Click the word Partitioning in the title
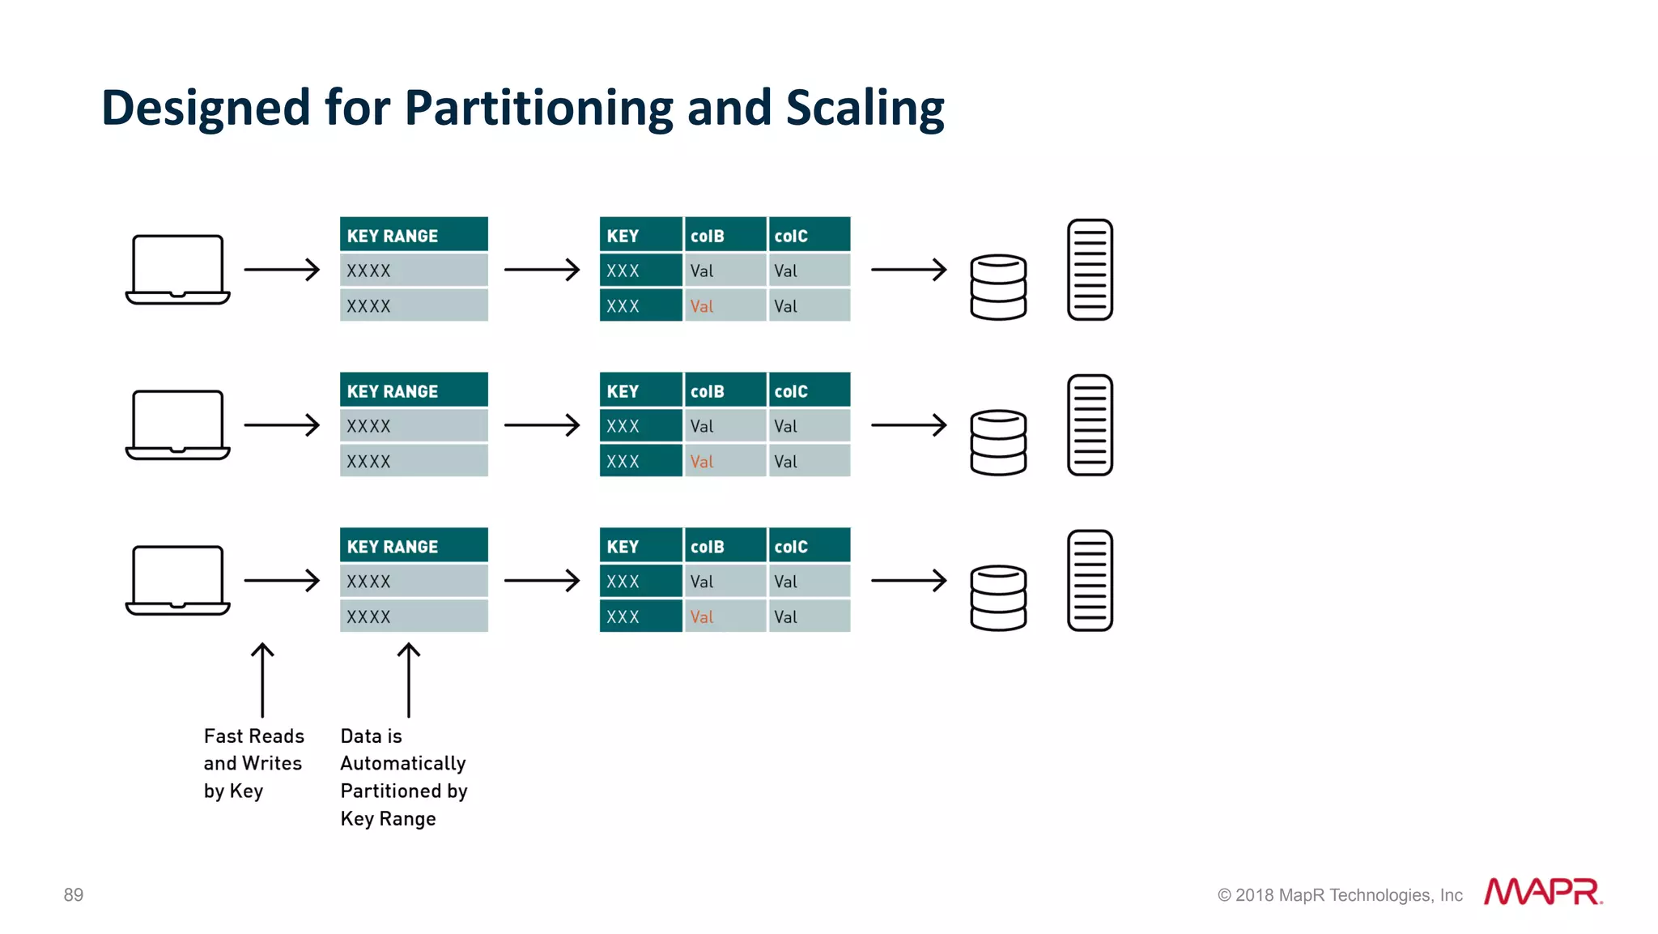(x=538, y=108)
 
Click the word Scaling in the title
(x=865, y=108)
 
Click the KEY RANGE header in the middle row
(x=414, y=391)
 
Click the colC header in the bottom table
(x=809, y=547)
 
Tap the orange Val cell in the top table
(x=702, y=306)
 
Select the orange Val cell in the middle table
(x=702, y=462)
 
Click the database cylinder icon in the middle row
(x=998, y=442)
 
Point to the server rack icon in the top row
(x=1090, y=269)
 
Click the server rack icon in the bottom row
(x=1090, y=580)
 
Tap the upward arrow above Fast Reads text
(x=262, y=680)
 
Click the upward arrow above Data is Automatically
(x=409, y=680)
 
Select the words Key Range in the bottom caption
(x=388, y=819)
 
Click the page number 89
(x=74, y=894)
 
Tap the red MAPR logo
(x=1542, y=892)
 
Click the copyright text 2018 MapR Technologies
(x=1341, y=895)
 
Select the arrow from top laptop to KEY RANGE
(x=282, y=269)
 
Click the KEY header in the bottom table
(x=640, y=547)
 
